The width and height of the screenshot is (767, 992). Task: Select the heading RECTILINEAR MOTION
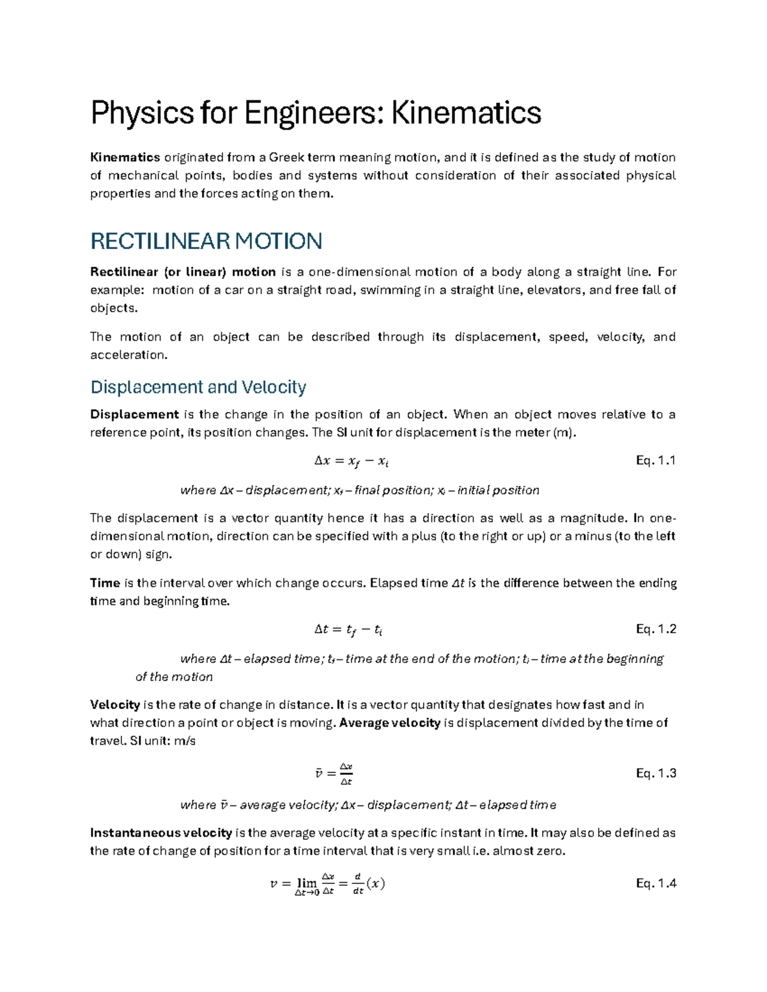206,241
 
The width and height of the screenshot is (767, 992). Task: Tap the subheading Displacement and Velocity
198,387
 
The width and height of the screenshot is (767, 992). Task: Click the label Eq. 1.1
656,461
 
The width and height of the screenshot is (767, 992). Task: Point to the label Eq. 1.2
656,629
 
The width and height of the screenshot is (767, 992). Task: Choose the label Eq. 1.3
656,774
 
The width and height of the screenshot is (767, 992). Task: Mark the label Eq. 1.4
656,883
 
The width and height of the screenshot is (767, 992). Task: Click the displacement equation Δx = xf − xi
352,461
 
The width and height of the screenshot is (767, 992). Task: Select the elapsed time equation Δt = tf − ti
348,630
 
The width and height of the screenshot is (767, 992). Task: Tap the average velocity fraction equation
334,774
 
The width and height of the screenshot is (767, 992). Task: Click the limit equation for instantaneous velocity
327,885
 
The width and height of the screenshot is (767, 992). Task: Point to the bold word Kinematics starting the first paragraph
125,158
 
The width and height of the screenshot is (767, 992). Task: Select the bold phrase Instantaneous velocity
161,833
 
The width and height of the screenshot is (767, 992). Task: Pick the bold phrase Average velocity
390,723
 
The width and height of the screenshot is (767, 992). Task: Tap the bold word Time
105,583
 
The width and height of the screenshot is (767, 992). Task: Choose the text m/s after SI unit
183,741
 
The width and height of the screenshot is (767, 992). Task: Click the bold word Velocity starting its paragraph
115,705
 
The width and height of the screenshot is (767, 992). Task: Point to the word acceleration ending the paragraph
128,355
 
